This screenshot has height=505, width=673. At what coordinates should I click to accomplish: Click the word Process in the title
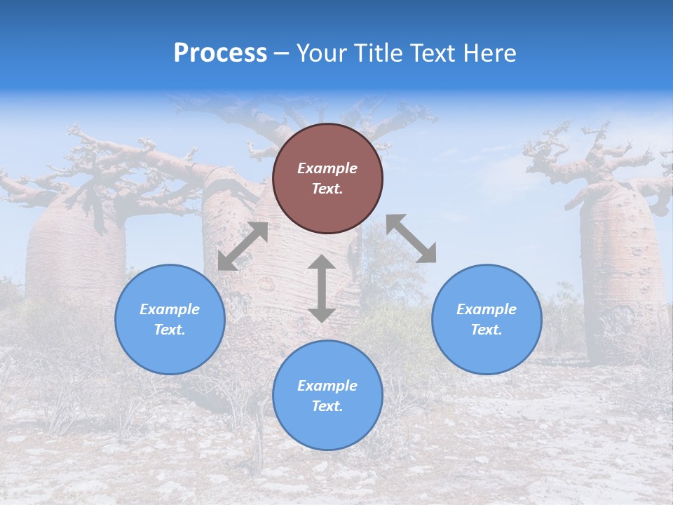coord(220,53)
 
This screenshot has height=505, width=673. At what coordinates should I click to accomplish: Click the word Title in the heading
coord(375,53)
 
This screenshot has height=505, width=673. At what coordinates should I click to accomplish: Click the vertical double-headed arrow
coord(322,288)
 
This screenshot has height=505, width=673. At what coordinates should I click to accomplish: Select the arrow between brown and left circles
coord(243,246)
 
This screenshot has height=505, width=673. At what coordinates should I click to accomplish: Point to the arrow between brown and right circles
coord(412,238)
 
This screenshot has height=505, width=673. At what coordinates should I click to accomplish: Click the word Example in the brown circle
coord(327,168)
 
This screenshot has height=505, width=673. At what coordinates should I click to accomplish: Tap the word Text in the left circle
coord(170,330)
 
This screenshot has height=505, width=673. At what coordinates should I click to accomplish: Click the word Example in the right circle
coord(487,309)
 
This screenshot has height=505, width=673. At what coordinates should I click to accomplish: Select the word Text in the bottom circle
coord(327,406)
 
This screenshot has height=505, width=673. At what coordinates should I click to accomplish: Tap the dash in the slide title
coord(282,54)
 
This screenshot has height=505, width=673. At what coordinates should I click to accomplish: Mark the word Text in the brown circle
coord(327,189)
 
